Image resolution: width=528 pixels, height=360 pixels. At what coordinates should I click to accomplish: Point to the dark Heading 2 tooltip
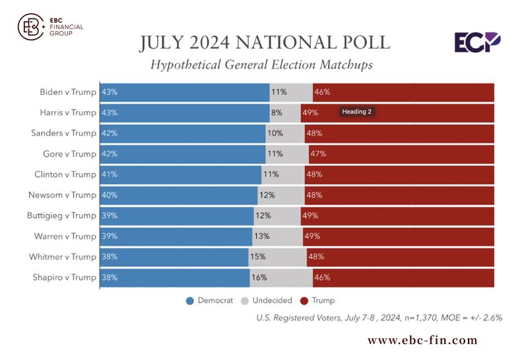356,112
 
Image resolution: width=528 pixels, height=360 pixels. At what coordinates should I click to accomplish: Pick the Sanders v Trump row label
63,133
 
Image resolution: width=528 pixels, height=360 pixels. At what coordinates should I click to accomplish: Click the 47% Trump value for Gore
318,154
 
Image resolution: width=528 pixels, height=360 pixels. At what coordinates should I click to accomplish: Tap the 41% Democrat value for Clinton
110,174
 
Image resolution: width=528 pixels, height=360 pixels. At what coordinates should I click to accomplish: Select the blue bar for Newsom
178,195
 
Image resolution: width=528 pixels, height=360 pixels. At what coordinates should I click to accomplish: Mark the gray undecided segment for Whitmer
277,256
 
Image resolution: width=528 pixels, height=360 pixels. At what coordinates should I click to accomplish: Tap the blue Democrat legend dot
190,301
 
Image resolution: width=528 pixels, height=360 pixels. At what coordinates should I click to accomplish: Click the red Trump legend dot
304,301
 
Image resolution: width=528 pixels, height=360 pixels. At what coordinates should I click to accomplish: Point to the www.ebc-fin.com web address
422,341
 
